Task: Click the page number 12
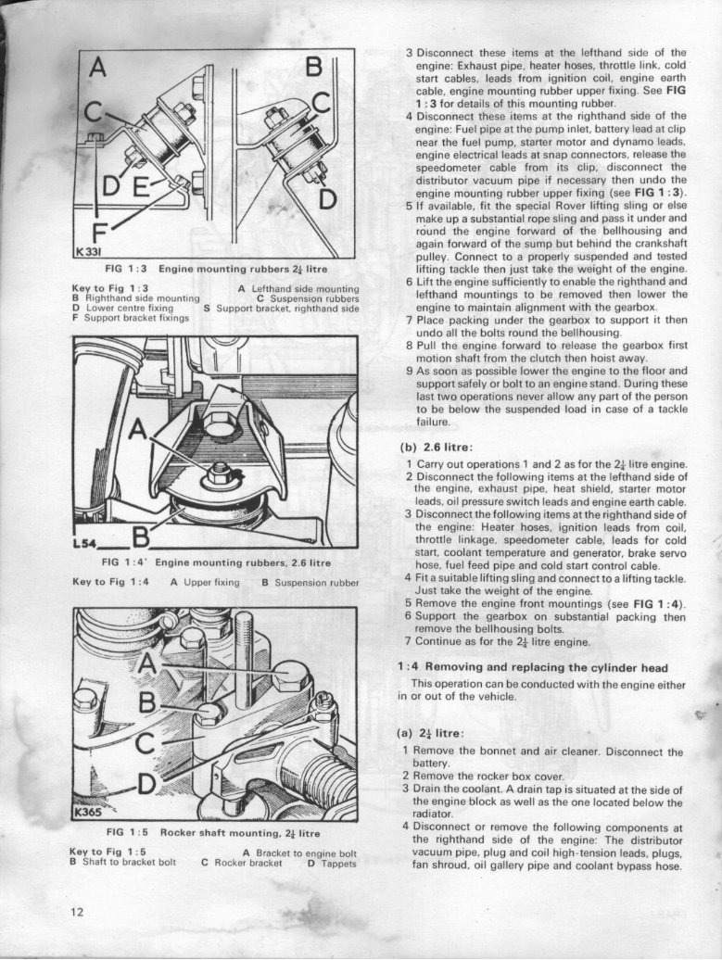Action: click(77, 911)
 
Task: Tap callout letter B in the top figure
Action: click(314, 69)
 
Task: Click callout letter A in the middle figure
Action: click(138, 430)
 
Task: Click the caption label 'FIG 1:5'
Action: click(127, 832)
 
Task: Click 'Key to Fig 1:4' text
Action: click(110, 582)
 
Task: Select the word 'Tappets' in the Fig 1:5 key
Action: click(339, 862)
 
